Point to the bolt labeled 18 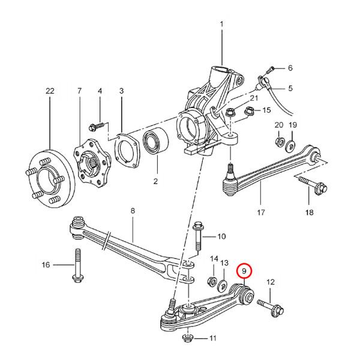pos(310,185)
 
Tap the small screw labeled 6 pos(273,68)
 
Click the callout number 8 pos(133,211)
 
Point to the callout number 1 pos(221,25)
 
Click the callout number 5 pos(290,89)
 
